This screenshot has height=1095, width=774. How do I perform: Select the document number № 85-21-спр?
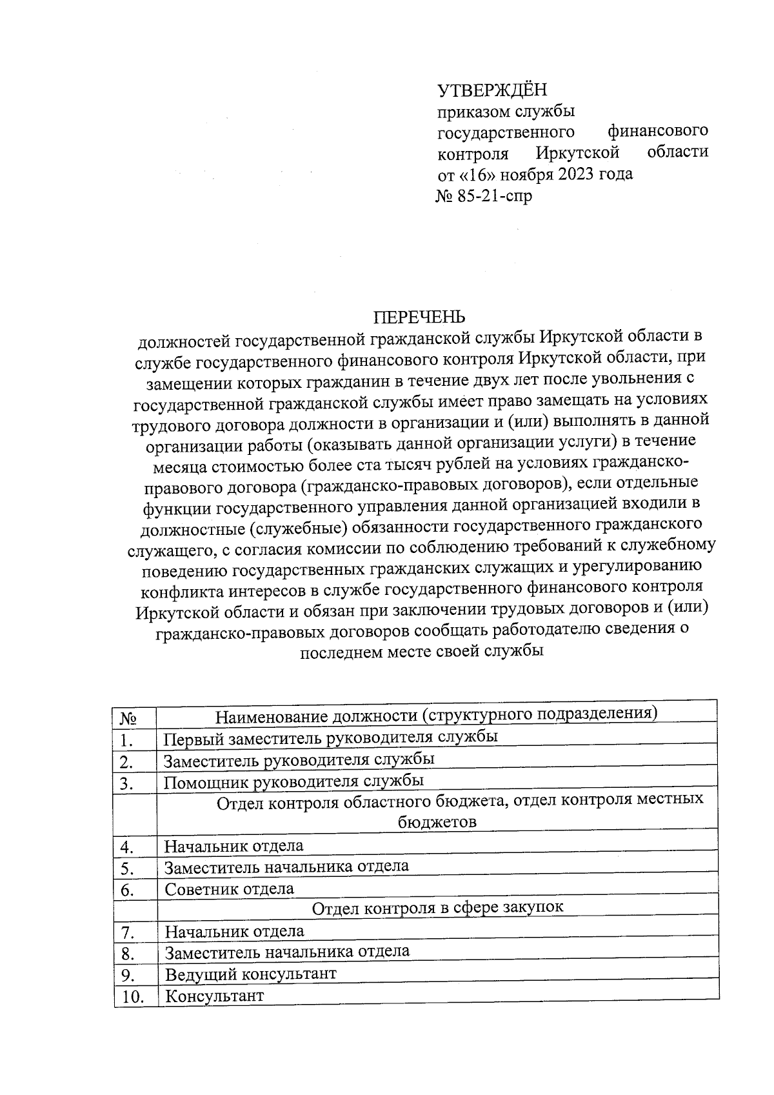484,196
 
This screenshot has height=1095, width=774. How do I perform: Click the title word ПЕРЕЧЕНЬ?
420,317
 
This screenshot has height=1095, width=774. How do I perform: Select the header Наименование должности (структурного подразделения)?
436,714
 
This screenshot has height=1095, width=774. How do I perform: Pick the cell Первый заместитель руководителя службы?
331,737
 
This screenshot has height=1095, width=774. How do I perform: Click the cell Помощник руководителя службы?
293,781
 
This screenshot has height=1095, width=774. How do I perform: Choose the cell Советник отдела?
230,889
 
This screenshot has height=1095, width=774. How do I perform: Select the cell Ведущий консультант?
251,974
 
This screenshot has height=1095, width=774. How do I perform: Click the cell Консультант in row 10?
215,996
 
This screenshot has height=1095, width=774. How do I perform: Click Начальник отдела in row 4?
234,845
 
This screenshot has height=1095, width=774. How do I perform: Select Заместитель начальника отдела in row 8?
287,951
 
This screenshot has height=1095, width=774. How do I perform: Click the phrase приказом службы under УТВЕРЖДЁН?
506,111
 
